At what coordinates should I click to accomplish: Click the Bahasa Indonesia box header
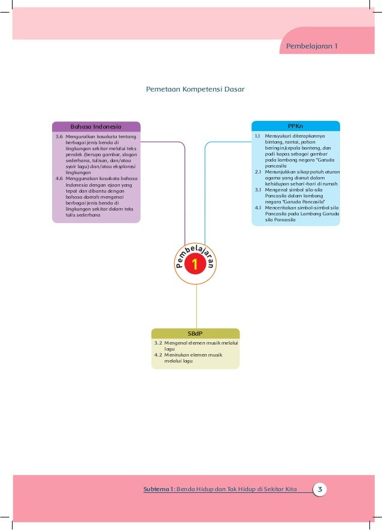[x=96, y=127]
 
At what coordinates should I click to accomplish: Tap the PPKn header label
[x=295, y=126]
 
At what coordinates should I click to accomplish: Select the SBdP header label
[x=195, y=334]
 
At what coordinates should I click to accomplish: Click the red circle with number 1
[x=195, y=264]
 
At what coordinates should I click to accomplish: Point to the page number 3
[x=320, y=489]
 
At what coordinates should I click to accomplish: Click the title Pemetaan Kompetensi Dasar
[x=195, y=89]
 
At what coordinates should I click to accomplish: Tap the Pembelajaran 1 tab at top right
[x=312, y=46]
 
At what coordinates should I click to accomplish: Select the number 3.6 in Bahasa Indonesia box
[x=59, y=136]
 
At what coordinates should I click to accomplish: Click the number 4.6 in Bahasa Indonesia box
[x=59, y=178]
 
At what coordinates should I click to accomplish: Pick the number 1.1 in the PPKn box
[x=258, y=136]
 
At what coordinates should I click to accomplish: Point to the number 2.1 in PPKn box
[x=258, y=172]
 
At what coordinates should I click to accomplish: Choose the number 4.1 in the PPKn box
[x=258, y=208]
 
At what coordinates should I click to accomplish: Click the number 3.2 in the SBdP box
[x=158, y=343]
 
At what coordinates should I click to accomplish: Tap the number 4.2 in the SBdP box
[x=158, y=355]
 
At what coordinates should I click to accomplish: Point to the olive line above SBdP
[x=196, y=306]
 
